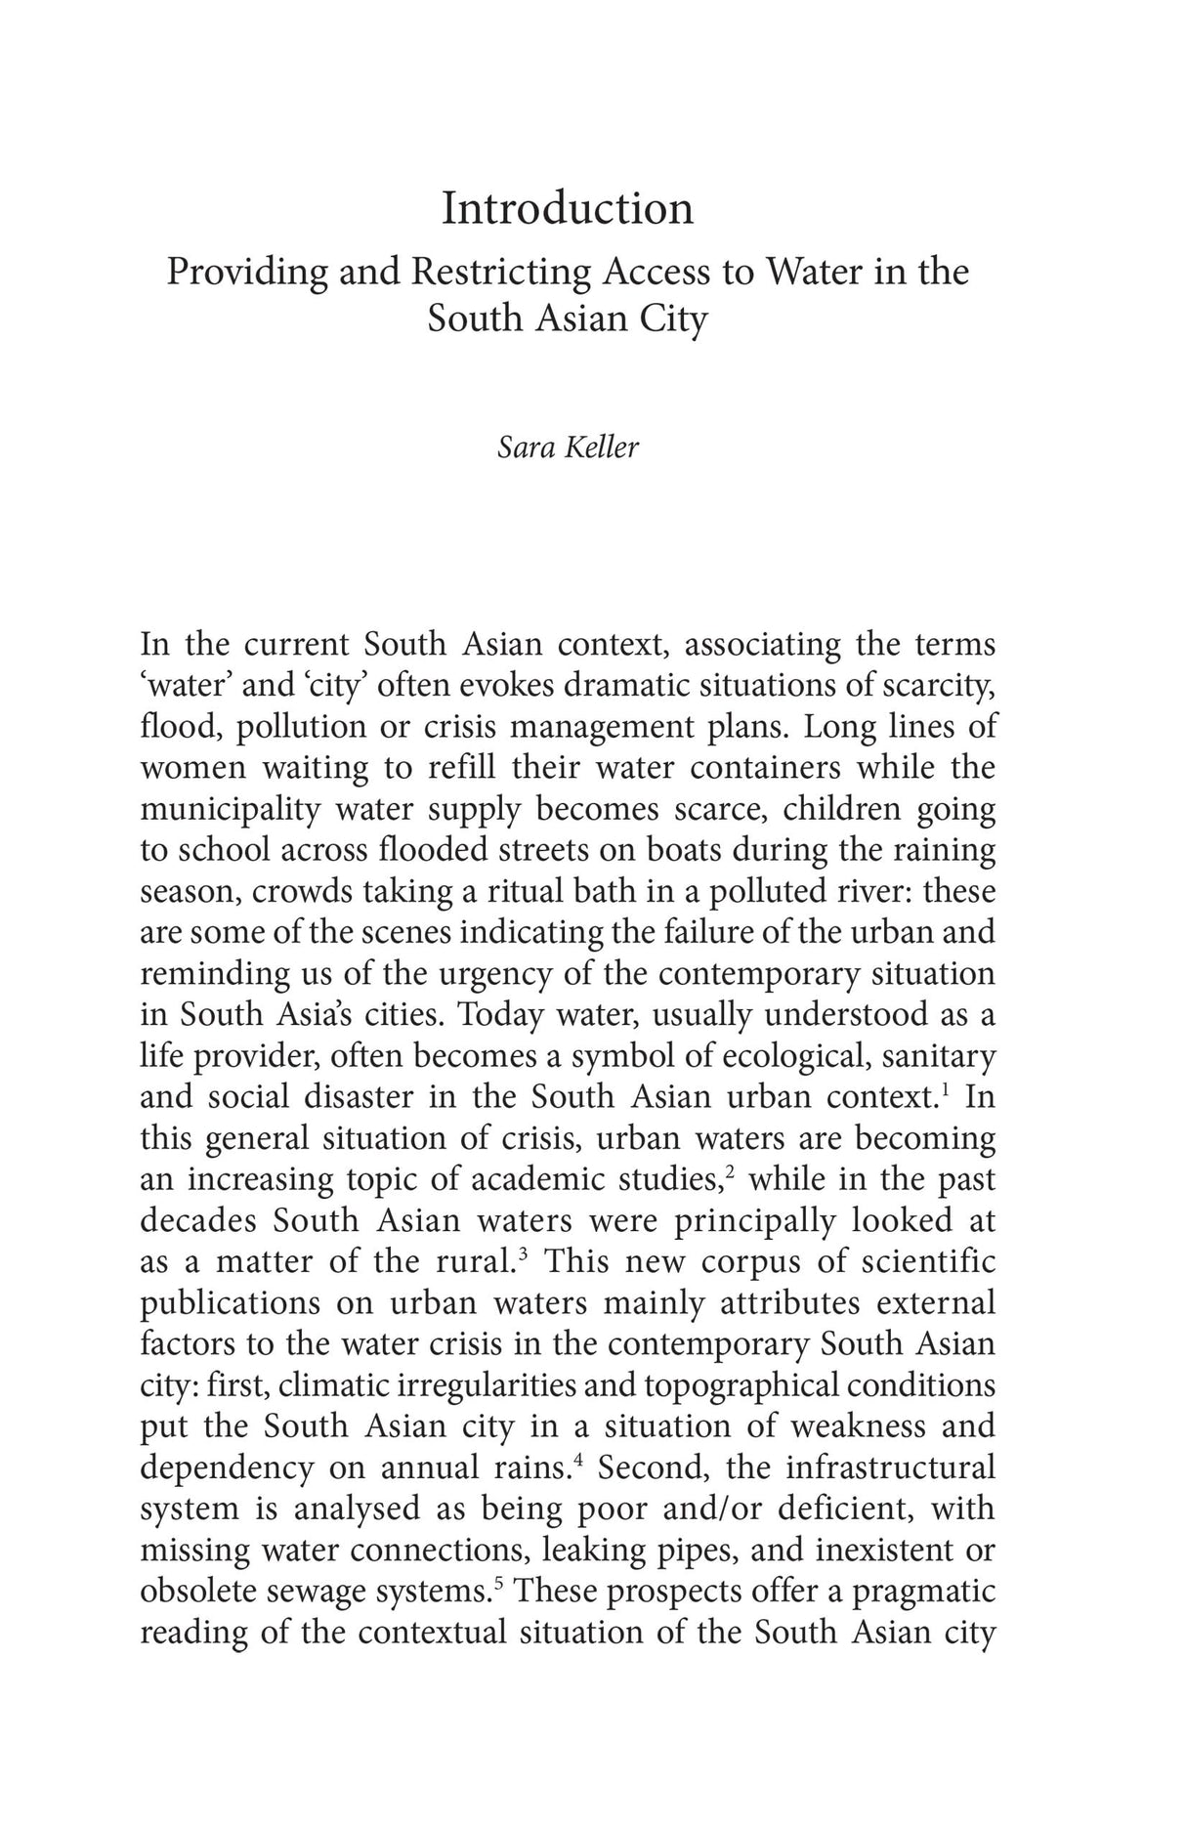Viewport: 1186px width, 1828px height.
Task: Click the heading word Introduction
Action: pos(568,208)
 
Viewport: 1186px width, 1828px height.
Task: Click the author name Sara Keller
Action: pos(568,446)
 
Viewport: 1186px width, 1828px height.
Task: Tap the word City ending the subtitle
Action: pos(673,319)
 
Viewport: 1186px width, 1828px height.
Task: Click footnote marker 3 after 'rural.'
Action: pos(525,1252)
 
